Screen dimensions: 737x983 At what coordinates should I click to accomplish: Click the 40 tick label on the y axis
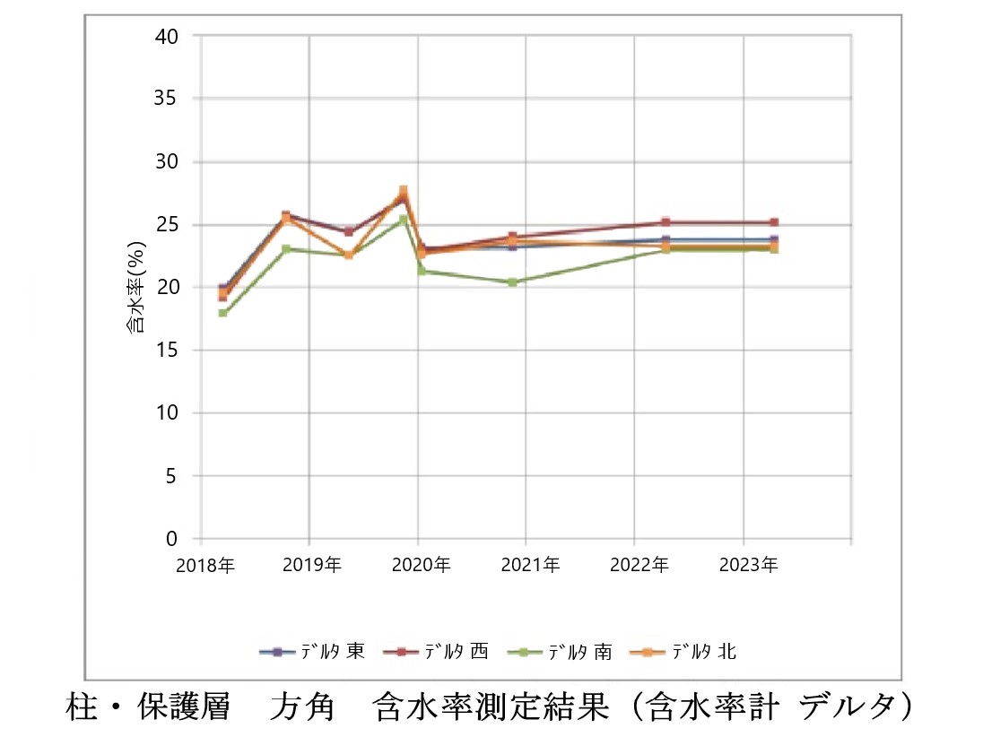(x=168, y=36)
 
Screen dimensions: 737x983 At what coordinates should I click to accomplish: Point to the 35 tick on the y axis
(x=168, y=99)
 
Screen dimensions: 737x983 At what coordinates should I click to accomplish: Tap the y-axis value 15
(x=168, y=351)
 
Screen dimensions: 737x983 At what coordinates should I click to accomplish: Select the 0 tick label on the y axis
(x=172, y=539)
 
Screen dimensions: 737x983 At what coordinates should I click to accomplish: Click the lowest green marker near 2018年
(x=222, y=313)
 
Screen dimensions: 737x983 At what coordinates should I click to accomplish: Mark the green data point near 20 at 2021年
(x=512, y=282)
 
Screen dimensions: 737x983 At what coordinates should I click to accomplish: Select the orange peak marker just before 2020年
(x=404, y=190)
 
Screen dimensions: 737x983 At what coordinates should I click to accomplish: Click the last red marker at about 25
(x=774, y=222)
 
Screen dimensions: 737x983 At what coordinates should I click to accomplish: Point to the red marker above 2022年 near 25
(x=665, y=221)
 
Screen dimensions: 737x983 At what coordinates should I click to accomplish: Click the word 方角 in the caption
(x=301, y=706)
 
